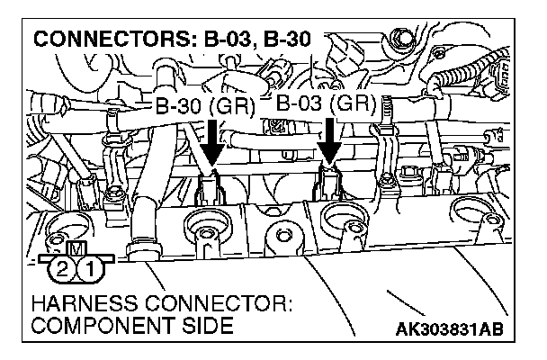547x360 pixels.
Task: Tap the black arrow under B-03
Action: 330,141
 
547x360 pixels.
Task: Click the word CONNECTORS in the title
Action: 98,40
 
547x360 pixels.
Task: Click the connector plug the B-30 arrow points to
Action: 212,187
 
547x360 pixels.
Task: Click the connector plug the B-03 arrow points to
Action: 330,184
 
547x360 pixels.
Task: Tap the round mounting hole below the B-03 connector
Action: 343,219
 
